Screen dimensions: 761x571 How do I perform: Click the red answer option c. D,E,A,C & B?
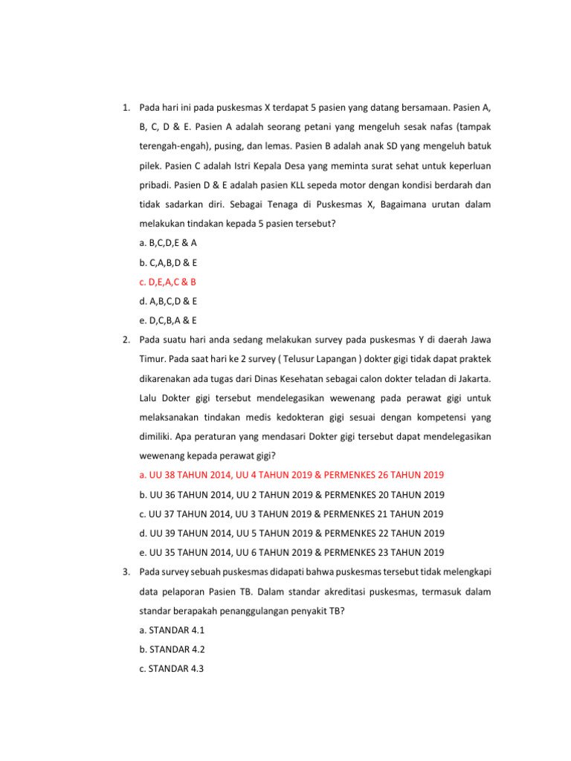point(167,282)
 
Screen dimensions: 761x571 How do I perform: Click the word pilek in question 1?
point(151,166)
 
